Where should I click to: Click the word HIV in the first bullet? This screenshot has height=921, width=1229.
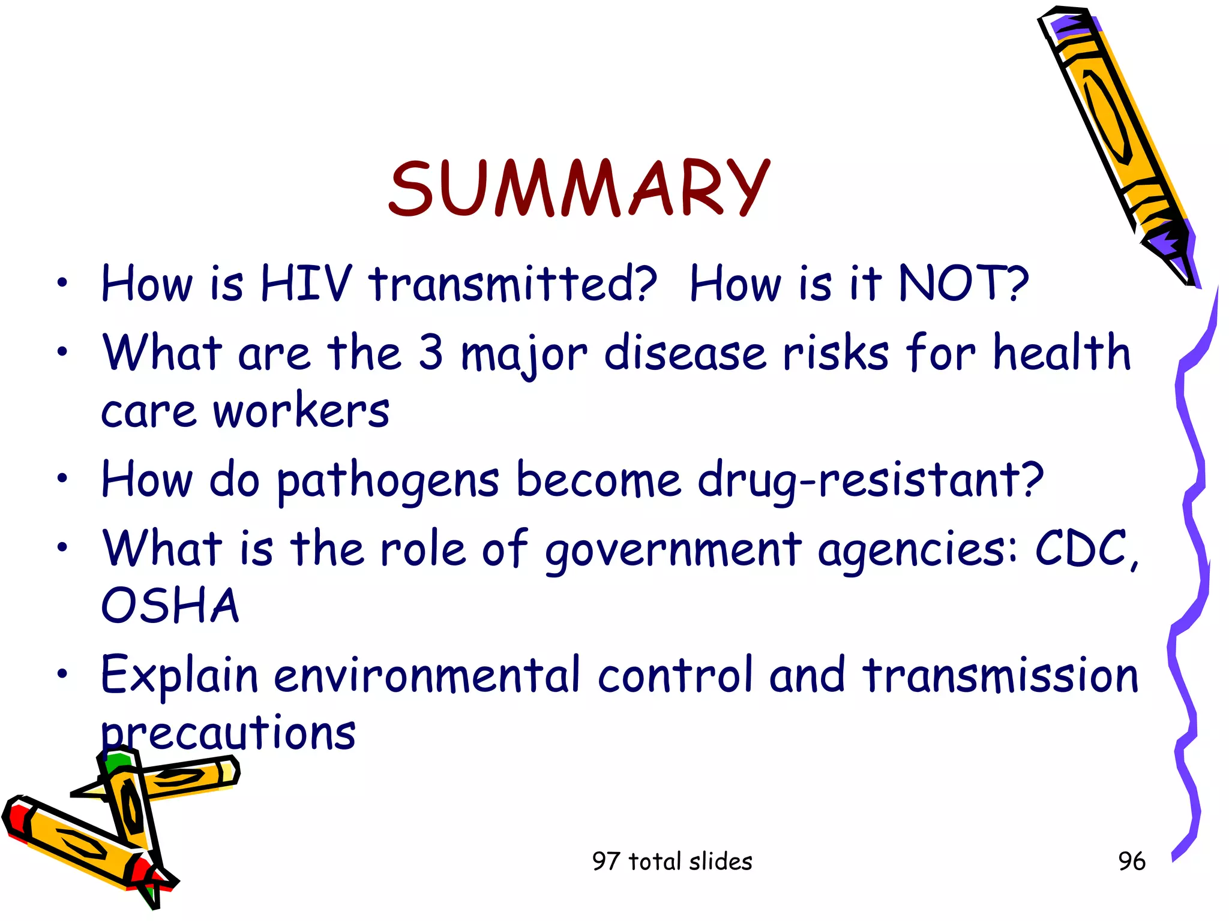[x=305, y=283]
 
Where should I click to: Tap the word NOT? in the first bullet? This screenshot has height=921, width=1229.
[x=963, y=283]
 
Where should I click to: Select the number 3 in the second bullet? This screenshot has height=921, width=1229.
[x=430, y=353]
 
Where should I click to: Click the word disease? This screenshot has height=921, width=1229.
[x=685, y=353]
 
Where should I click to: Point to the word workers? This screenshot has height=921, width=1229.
[x=301, y=413]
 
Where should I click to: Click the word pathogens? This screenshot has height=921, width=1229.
[x=388, y=481]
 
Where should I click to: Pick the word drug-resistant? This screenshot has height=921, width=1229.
[x=871, y=481]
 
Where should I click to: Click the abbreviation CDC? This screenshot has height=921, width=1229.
[x=1084, y=548]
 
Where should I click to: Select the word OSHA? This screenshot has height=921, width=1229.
[x=170, y=606]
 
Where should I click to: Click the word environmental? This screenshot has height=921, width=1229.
[x=427, y=675]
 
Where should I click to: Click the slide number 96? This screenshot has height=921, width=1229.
[x=1131, y=862]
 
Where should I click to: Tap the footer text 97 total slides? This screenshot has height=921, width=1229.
[x=672, y=862]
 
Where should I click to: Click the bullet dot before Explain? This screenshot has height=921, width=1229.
[x=62, y=675]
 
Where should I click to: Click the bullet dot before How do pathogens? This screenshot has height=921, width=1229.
[x=62, y=479]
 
